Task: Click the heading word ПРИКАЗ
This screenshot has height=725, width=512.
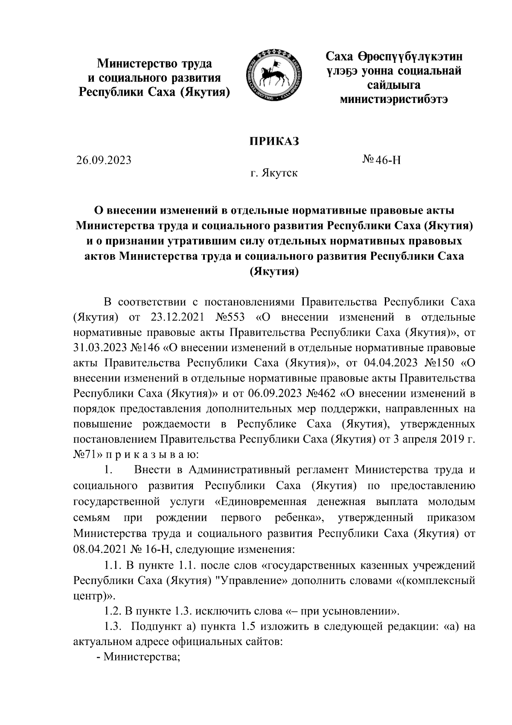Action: [x=274, y=141]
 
